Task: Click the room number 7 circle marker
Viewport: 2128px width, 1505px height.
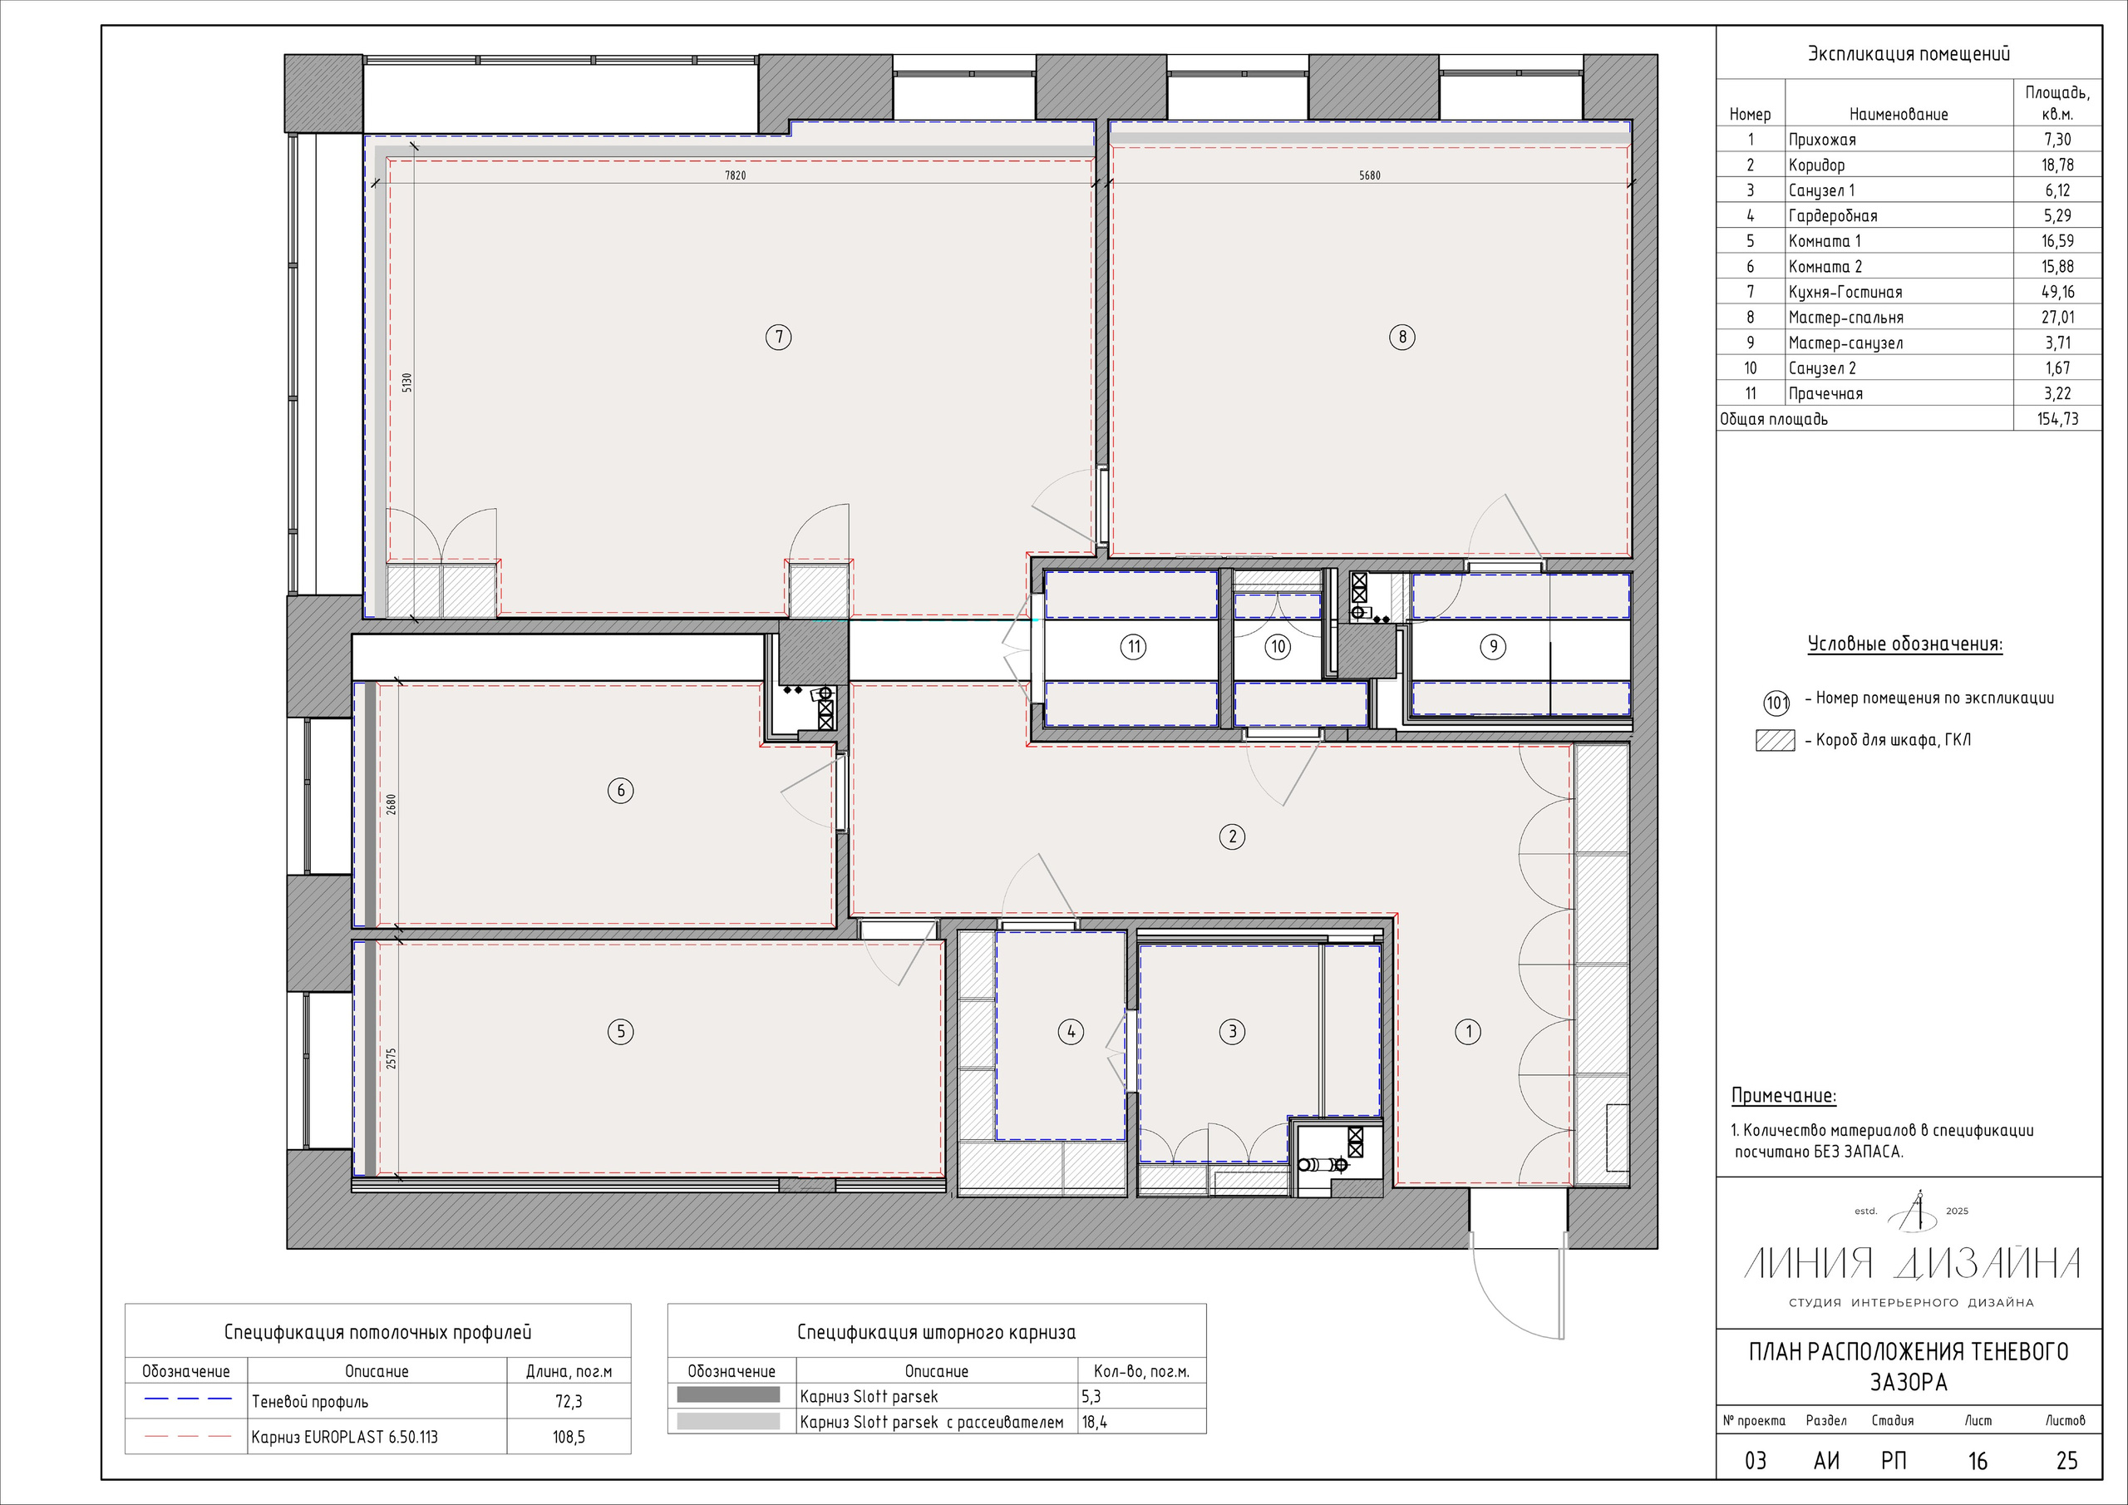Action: [x=779, y=337]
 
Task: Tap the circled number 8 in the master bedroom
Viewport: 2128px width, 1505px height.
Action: [x=1402, y=337]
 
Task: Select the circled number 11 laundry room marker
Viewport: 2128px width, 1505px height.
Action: [x=1134, y=646]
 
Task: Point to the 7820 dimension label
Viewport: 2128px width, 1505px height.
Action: [x=735, y=175]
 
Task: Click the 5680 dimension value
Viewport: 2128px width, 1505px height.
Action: [x=1370, y=175]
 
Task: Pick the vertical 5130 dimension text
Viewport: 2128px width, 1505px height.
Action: [x=406, y=383]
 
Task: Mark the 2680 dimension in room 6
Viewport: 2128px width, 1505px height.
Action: [x=392, y=804]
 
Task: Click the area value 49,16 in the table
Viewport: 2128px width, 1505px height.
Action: [x=2057, y=292]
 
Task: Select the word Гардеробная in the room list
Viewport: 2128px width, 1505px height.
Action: [x=1833, y=216]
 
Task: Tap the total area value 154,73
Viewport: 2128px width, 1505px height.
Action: [x=2057, y=419]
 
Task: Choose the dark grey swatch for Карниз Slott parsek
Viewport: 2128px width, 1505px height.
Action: [x=728, y=1394]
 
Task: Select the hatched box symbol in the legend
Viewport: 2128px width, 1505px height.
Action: [x=1775, y=741]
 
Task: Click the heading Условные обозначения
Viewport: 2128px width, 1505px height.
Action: [x=1904, y=644]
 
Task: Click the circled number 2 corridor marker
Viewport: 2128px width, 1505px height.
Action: [x=1232, y=836]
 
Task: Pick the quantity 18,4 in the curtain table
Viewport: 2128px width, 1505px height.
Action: [x=1095, y=1422]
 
